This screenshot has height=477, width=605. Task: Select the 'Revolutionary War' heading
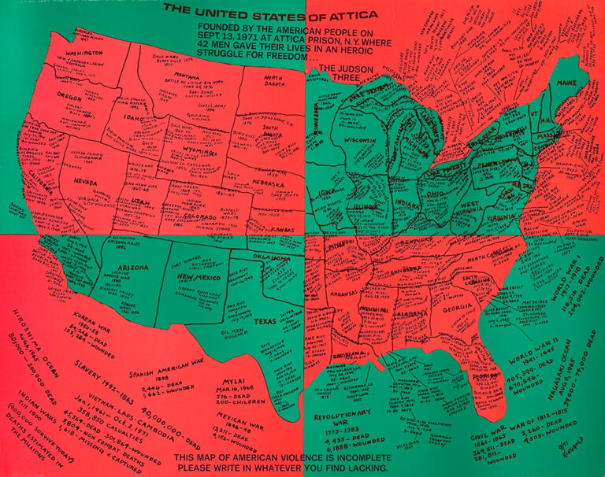click(x=341, y=418)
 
